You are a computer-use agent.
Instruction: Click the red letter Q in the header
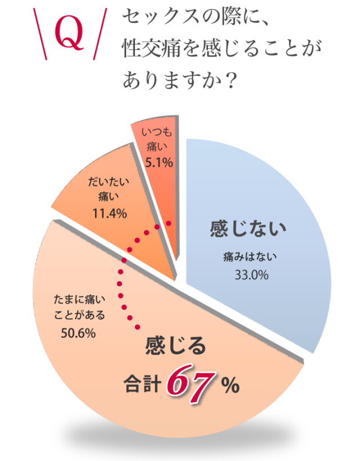(69, 34)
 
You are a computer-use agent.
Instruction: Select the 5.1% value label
(157, 164)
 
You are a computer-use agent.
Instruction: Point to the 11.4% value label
(108, 214)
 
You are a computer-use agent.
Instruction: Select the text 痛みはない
(250, 257)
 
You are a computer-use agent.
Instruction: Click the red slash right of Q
(99, 35)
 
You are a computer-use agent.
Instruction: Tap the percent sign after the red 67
(230, 386)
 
